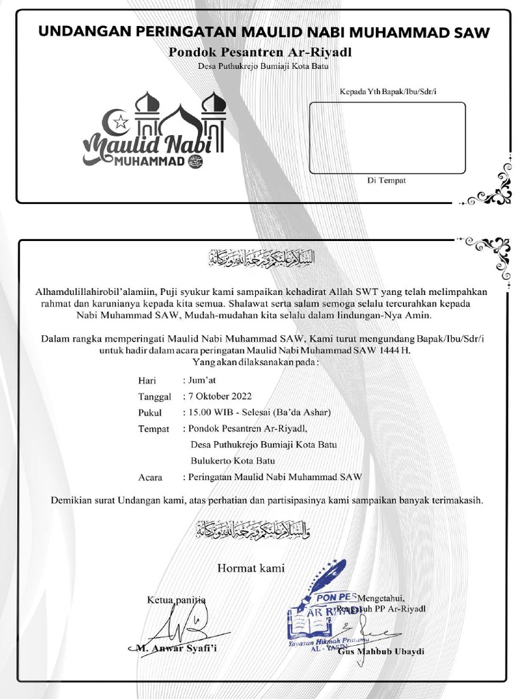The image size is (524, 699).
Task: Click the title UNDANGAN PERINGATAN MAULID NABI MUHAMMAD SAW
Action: (x=264, y=31)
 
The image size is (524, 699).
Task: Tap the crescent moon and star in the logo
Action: (x=118, y=122)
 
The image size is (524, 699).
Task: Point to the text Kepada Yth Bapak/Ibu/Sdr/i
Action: (x=387, y=91)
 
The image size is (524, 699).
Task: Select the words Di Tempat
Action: (x=386, y=180)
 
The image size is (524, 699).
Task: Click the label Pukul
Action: (x=149, y=413)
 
